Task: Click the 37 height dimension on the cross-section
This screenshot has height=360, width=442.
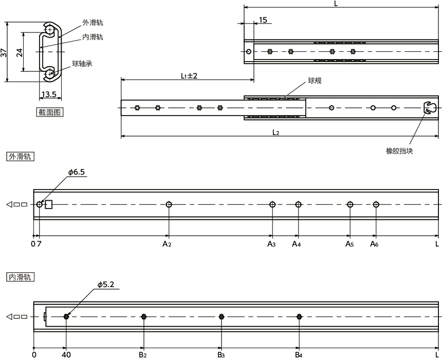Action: pyautogui.click(x=4, y=53)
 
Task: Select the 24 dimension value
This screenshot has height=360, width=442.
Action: pyautogui.click(x=20, y=52)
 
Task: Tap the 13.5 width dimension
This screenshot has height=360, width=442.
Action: pyautogui.click(x=49, y=94)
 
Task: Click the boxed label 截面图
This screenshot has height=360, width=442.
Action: pyautogui.click(x=50, y=112)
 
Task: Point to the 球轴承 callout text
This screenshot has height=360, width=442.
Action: pyautogui.click(x=82, y=64)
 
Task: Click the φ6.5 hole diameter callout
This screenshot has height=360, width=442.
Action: pyautogui.click(x=77, y=172)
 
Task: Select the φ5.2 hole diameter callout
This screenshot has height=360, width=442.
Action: pyautogui.click(x=106, y=285)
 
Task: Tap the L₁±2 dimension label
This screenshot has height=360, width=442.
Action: pyautogui.click(x=189, y=76)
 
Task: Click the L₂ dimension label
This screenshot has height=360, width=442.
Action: pyautogui.click(x=276, y=132)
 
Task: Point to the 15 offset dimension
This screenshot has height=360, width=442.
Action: pyautogui.click(x=263, y=20)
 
